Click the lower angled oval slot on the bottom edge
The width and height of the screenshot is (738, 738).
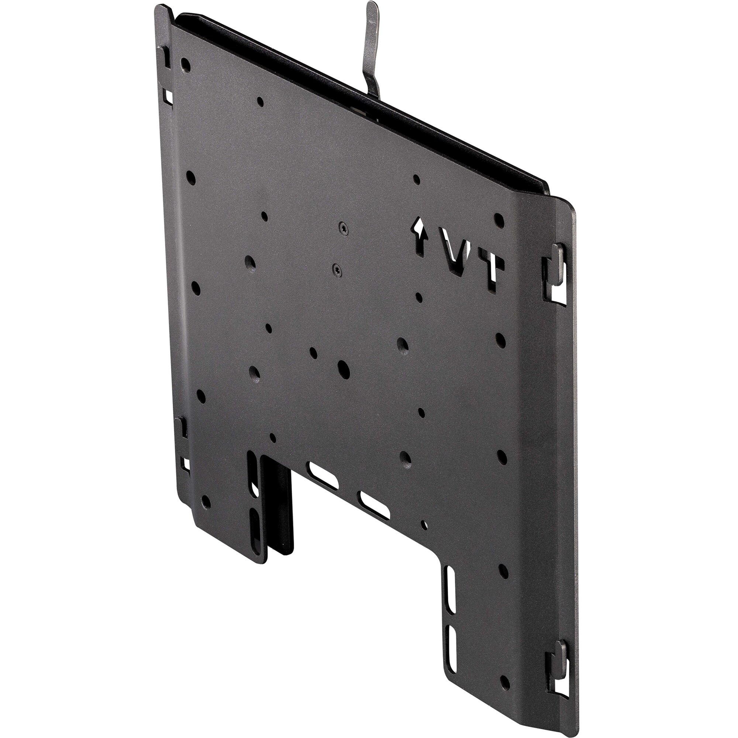(x=373, y=505)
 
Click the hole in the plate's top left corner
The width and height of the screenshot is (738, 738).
(x=185, y=65)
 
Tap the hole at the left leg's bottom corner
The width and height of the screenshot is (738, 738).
(x=206, y=502)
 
